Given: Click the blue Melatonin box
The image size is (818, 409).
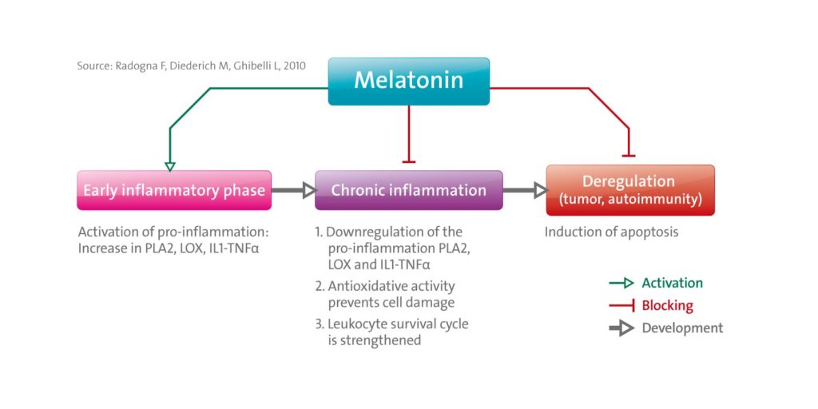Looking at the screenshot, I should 408,81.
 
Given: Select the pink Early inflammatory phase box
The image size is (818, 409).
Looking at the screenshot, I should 174,190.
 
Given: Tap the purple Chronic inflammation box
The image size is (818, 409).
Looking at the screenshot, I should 408,190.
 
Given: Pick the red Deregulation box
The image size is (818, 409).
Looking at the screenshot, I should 629,190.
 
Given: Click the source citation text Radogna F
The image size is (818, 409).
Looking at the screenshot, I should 191,66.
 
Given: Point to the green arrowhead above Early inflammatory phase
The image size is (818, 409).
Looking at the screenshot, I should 169,165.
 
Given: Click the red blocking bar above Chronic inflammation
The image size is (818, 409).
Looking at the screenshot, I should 409,161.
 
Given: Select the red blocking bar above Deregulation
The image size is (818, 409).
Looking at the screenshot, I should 629,154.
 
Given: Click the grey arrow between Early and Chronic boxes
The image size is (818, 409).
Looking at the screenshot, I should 292,190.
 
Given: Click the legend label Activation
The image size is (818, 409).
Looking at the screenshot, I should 672,283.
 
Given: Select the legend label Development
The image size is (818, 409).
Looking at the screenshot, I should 682,328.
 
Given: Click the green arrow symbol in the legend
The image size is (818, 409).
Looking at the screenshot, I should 621,283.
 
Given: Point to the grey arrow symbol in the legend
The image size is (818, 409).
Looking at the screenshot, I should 621,328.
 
